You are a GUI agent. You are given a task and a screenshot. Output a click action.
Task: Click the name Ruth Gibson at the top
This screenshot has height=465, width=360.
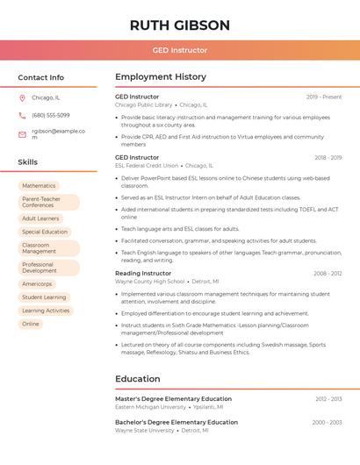click(x=180, y=25)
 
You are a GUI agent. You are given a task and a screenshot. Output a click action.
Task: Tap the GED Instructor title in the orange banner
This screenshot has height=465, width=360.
click(x=180, y=50)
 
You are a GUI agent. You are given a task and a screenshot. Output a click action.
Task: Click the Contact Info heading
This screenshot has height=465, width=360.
click(x=41, y=77)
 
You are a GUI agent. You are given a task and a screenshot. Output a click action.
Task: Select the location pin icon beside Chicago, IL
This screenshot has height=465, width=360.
click(x=22, y=98)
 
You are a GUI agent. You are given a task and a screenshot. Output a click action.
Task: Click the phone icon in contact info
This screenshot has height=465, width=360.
click(x=22, y=115)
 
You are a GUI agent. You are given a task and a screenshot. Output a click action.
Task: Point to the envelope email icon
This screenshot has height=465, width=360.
click(x=22, y=134)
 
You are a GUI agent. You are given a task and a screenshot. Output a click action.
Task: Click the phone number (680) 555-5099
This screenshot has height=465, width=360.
click(x=51, y=115)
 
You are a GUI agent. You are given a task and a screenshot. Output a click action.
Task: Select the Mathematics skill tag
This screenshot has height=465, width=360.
click(x=39, y=186)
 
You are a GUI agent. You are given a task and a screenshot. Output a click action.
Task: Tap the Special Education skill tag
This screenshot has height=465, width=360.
click(x=45, y=232)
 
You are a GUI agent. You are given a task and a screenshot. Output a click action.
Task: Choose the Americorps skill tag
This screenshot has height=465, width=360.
click(x=37, y=284)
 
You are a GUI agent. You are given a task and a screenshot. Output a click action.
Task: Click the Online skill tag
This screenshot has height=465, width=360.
click(x=31, y=324)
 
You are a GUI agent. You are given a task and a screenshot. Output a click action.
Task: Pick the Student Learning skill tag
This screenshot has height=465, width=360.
click(x=44, y=297)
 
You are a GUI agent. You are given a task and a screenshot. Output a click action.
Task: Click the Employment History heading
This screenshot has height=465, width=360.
click(x=161, y=77)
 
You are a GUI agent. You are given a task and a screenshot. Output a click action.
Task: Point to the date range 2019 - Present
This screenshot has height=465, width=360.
click(x=324, y=97)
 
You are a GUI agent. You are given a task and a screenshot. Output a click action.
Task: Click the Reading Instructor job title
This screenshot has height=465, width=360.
click(x=143, y=273)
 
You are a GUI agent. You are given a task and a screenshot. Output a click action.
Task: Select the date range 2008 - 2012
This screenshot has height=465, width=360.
click(x=328, y=274)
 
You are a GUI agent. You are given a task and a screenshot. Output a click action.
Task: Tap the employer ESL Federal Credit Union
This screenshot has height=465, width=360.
click(x=147, y=165)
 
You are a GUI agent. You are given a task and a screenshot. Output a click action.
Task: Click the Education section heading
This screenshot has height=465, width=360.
click(x=138, y=379)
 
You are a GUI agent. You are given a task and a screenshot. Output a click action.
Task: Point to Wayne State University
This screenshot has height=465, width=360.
click(x=145, y=431)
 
